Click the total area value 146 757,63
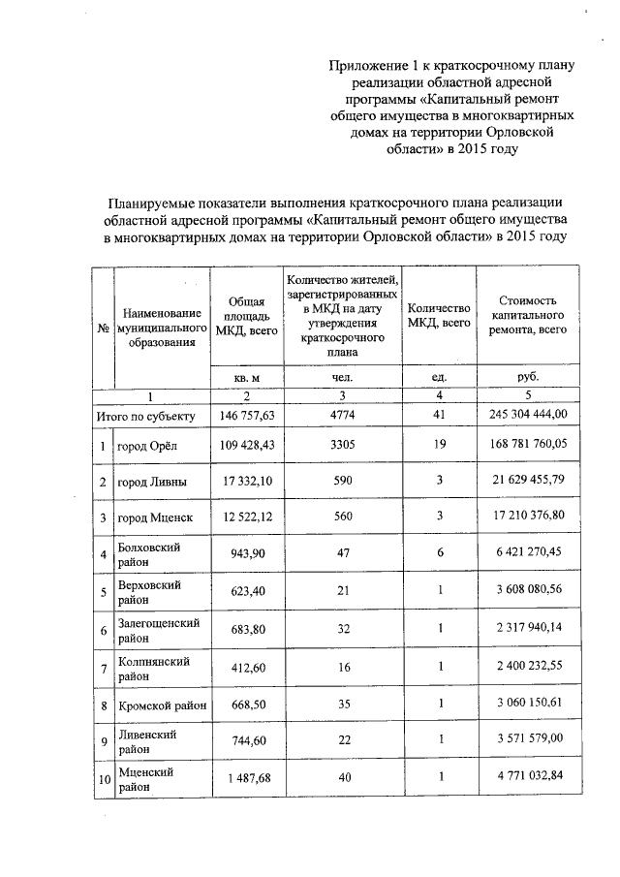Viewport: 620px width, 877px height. [246, 416]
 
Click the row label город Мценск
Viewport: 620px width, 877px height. [155, 518]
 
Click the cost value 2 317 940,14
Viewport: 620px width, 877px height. [528, 628]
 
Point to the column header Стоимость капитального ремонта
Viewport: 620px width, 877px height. [528, 316]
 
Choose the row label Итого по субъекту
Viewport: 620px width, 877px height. [146, 416]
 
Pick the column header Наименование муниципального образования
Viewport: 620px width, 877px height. [161, 328]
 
